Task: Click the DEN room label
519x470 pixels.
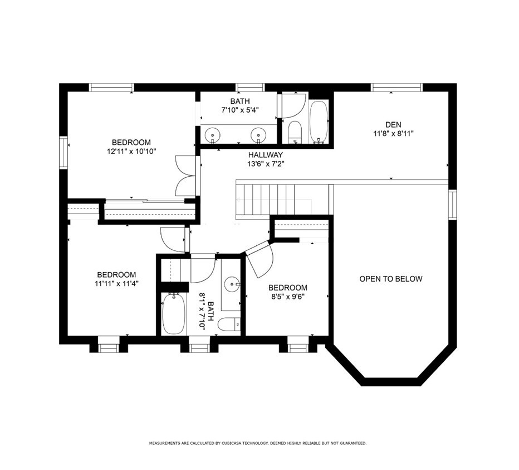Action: click(x=393, y=124)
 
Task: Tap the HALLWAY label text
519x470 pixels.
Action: click(x=266, y=155)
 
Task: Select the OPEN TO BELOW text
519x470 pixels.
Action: click(x=390, y=279)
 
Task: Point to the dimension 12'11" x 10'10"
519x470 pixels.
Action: click(x=131, y=151)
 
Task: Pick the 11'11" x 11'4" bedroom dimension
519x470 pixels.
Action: click(x=116, y=283)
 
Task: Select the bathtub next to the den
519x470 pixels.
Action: click(x=319, y=122)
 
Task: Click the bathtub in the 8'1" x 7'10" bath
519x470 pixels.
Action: click(x=174, y=314)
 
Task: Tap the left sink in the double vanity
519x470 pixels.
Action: click(x=212, y=134)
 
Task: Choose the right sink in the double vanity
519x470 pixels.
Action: click(x=257, y=134)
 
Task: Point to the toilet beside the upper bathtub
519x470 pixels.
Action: click(x=295, y=132)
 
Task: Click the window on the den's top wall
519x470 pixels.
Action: click(x=396, y=87)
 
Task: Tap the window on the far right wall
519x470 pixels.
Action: click(x=453, y=205)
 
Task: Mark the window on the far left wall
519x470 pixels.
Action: click(x=63, y=152)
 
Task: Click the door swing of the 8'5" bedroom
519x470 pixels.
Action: click(x=258, y=260)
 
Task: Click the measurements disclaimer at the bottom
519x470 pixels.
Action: click(x=257, y=443)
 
